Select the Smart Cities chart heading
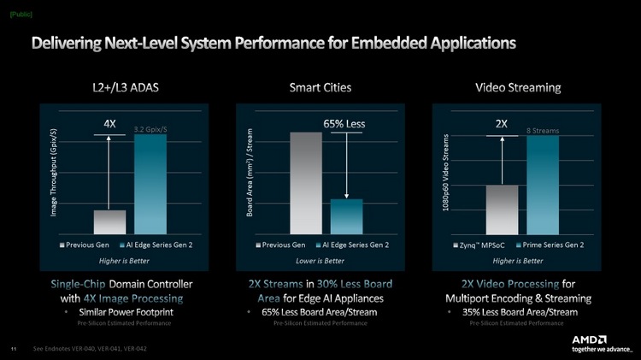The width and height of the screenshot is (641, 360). click(x=320, y=87)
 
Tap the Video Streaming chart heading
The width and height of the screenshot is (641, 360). click(x=518, y=87)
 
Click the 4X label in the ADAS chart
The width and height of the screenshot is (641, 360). click(x=109, y=123)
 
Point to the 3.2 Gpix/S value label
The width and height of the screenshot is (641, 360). click(x=151, y=129)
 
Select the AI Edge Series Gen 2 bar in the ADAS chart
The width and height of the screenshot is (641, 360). click(x=150, y=184)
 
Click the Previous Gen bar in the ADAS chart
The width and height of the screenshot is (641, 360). click(x=109, y=221)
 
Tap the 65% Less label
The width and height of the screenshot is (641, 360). click(x=344, y=124)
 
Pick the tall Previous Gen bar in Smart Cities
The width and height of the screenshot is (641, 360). click(x=306, y=182)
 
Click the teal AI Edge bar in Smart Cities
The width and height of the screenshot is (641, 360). click(x=346, y=216)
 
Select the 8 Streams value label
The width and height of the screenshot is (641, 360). click(x=542, y=130)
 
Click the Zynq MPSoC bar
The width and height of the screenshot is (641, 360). click(x=503, y=209)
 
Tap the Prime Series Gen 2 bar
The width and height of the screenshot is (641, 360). click(x=543, y=185)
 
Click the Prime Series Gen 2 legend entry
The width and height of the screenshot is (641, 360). click(x=552, y=245)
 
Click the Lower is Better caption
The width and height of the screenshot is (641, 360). click(x=320, y=260)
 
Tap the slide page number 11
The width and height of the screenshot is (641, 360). click(x=13, y=349)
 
